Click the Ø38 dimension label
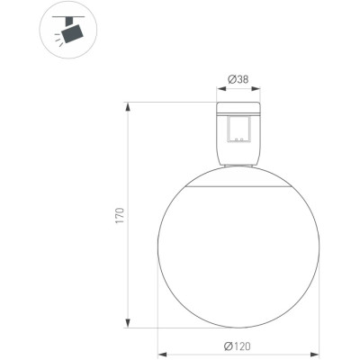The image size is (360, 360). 238,79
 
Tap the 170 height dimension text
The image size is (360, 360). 120,215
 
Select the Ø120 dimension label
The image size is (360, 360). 237,346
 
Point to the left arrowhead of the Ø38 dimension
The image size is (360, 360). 221,88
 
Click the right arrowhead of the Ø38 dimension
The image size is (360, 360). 256,88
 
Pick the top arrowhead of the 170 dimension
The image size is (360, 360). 128,107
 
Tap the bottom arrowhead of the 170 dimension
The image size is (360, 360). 128,323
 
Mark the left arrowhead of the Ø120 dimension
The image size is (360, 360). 162,355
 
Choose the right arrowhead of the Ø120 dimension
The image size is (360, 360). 315,355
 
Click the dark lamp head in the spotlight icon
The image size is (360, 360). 72,33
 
